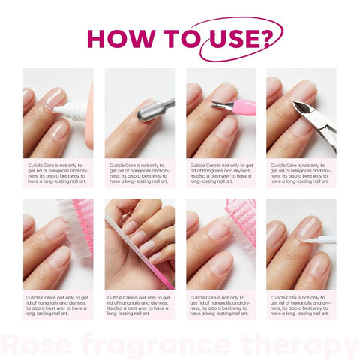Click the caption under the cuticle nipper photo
click(301, 172)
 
